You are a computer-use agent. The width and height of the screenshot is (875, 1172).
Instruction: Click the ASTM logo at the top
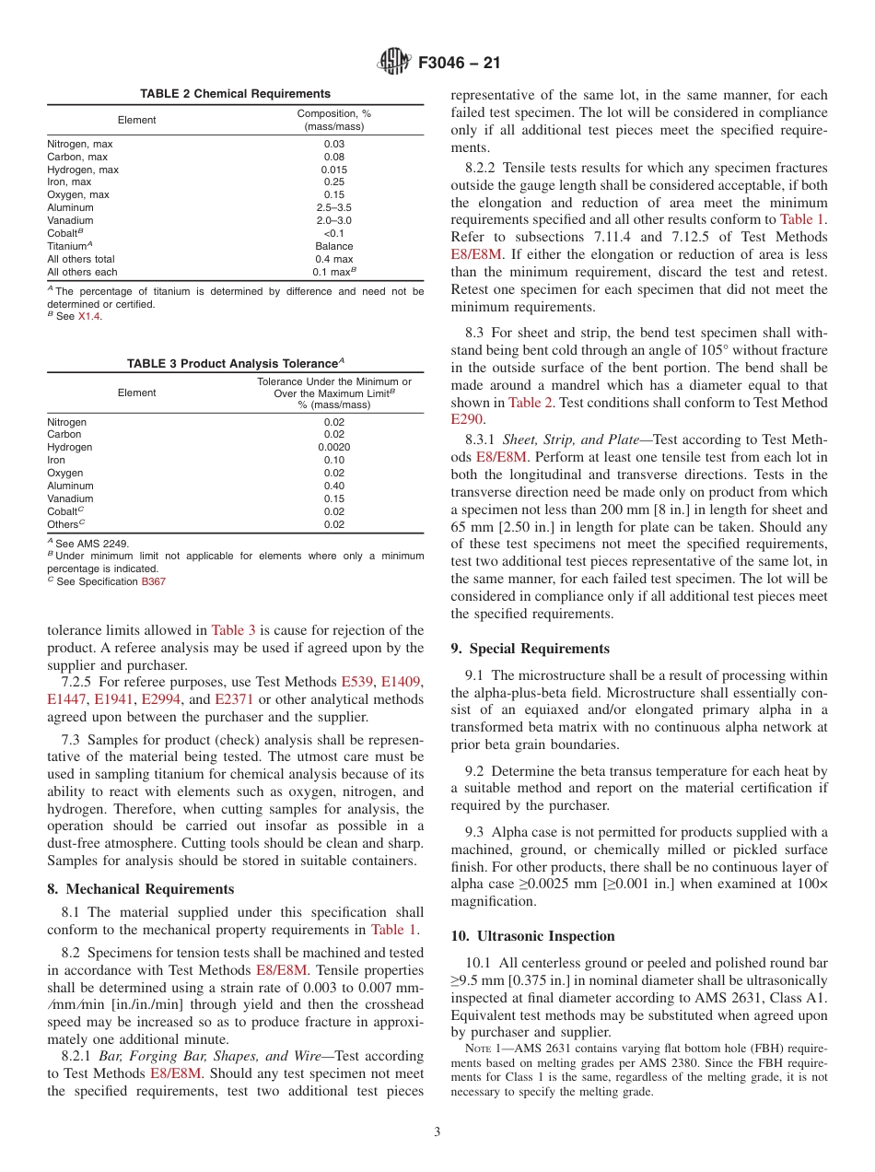coord(394,64)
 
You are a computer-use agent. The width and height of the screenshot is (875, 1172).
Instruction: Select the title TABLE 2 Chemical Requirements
coord(235,94)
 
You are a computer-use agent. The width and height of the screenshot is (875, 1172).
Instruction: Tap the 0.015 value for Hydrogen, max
coord(334,170)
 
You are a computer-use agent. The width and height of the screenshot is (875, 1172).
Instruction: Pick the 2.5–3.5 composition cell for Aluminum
coord(334,208)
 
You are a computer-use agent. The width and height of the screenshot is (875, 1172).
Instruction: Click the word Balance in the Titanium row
coord(334,246)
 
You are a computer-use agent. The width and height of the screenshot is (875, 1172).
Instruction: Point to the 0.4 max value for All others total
coord(334,259)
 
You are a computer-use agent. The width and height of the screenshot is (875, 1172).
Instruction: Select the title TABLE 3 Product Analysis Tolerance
coord(235,364)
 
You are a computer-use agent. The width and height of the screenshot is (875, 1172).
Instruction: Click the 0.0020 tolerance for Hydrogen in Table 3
coord(334,448)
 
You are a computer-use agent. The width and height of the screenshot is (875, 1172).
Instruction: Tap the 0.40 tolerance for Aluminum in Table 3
coord(334,486)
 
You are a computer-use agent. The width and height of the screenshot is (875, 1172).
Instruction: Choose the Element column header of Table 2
coord(137,120)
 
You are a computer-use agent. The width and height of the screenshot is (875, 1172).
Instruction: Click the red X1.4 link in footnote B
coord(88,316)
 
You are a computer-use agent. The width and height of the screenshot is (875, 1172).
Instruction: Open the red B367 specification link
coord(153,581)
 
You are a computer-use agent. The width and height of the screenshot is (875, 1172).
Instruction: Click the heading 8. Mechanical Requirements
coord(141,889)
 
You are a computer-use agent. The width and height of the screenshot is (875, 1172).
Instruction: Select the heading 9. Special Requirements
coord(530,649)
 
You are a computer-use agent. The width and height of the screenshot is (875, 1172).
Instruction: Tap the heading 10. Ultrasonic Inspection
coord(532,936)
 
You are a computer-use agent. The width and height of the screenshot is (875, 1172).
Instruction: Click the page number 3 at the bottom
coord(437,1132)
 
